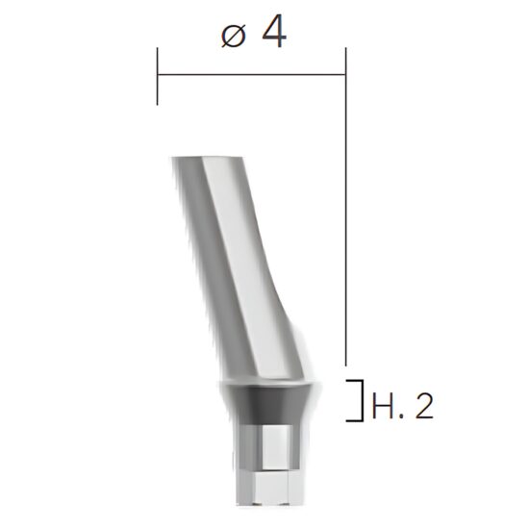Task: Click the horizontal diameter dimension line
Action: tap(250, 74)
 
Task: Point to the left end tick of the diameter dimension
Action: tap(157, 75)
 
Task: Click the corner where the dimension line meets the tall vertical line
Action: tap(344, 74)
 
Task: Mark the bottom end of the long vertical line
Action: tap(344, 366)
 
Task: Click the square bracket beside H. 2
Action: tap(357, 400)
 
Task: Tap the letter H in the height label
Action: tap(380, 407)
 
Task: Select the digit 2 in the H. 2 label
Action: tap(423, 407)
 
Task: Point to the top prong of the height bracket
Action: tap(353, 381)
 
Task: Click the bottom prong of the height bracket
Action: tap(353, 420)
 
